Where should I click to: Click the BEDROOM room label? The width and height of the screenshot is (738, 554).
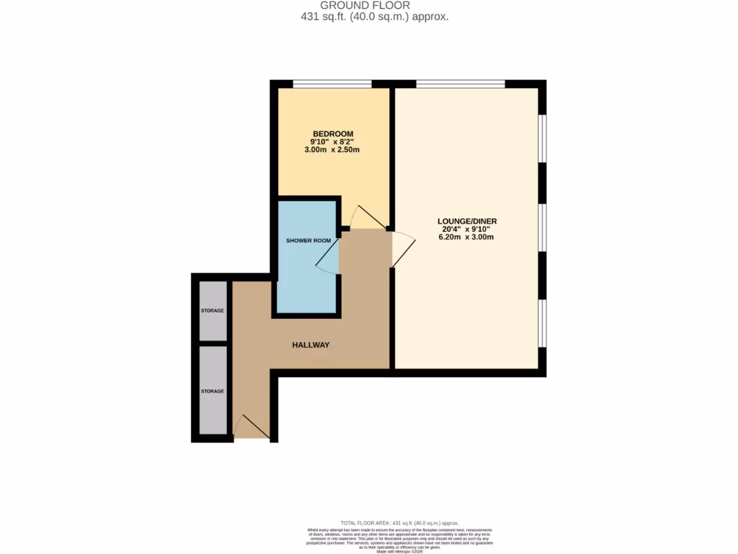332,133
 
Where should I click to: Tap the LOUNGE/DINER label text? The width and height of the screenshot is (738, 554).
467,221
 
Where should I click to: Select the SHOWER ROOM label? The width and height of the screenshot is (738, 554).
308,240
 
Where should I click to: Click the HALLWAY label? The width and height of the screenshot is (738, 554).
311,345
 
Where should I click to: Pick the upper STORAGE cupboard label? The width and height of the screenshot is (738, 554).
213,310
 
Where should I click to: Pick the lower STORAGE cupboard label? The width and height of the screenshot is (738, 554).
213,391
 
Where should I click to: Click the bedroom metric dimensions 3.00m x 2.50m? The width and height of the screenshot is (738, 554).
332,150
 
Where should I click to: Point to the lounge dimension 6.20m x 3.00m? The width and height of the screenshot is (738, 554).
467,238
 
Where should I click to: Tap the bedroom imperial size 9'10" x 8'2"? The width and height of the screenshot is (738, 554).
332,142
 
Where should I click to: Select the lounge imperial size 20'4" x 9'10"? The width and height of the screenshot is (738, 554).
467,230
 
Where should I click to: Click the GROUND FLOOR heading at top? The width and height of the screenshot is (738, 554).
365,5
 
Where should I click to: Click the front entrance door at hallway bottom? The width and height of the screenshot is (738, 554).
252,427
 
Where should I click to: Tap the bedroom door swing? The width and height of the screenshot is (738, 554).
367,216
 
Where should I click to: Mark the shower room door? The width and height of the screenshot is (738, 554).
327,257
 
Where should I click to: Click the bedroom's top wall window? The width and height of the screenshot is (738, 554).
332,84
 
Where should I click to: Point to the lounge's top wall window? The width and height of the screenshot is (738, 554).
461,84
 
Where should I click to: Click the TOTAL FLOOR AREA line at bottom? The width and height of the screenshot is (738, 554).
399,523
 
